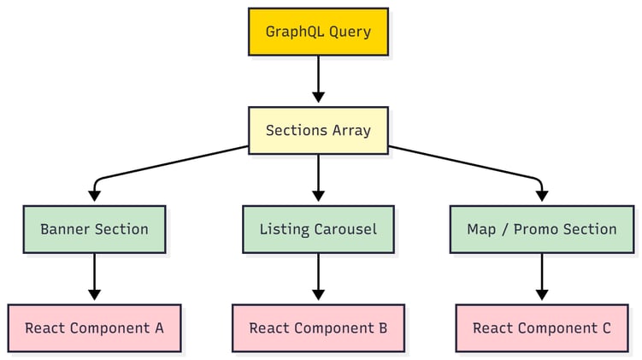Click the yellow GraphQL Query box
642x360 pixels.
318,32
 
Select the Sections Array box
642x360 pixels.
318,131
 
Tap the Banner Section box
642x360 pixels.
94,229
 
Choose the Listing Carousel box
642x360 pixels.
318,229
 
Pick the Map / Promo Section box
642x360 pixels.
541,229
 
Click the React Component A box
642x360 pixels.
94,328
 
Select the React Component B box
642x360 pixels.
318,328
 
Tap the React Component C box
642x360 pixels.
541,328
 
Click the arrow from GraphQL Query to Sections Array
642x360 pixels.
318,80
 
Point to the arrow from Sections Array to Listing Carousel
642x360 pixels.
318,179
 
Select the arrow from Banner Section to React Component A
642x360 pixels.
94,277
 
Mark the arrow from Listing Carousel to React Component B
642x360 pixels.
318,277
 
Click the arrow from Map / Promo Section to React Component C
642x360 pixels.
541,277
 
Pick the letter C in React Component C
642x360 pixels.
605,328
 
